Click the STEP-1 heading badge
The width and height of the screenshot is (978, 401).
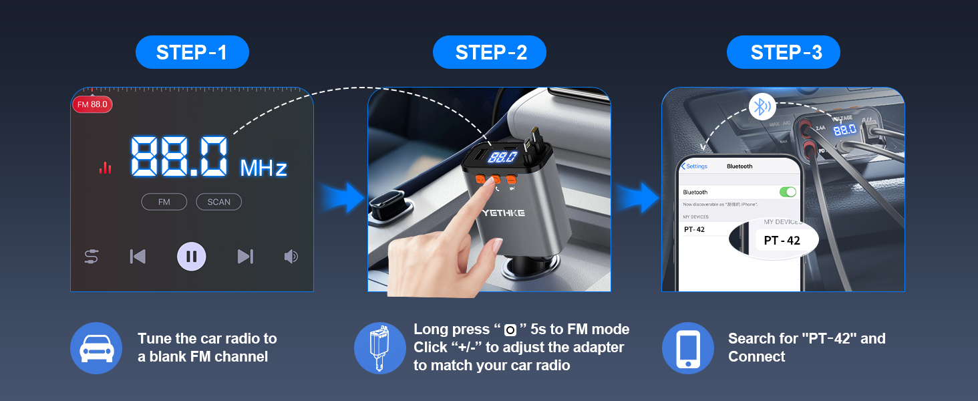click(x=192, y=52)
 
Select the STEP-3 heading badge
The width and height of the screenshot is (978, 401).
click(x=783, y=52)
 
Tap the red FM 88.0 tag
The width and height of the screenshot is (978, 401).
click(x=92, y=104)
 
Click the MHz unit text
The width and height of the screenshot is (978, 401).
click(x=263, y=168)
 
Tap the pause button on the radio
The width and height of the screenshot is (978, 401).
click(x=191, y=257)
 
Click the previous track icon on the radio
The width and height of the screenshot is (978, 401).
click(x=138, y=257)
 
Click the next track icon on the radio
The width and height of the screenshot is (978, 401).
click(x=245, y=257)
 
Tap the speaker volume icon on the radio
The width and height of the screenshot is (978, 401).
click(x=291, y=257)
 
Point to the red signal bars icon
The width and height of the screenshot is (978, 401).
click(x=105, y=167)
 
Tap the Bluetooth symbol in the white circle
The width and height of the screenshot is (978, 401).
click(x=762, y=106)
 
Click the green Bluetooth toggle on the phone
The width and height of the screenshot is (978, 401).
click(x=788, y=192)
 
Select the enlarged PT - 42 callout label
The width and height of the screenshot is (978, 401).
click(x=782, y=240)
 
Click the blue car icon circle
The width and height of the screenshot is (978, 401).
click(x=96, y=348)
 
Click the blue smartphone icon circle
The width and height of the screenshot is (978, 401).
click(x=687, y=348)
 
